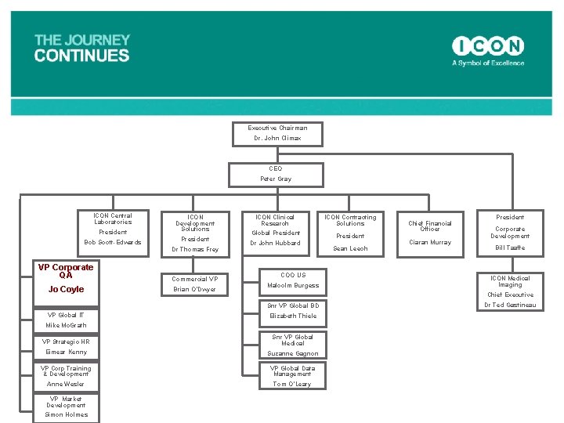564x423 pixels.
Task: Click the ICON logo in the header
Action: click(x=487, y=46)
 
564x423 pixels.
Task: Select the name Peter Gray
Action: click(x=276, y=179)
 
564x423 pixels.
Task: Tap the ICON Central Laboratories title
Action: click(x=113, y=219)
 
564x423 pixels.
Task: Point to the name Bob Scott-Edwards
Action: click(x=113, y=242)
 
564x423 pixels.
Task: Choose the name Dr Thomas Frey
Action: click(x=195, y=249)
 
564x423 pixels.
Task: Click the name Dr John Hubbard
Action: click(x=275, y=243)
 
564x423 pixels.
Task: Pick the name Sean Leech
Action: click(x=350, y=248)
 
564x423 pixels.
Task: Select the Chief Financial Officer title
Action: click(x=430, y=226)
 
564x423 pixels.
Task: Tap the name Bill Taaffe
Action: click(x=510, y=248)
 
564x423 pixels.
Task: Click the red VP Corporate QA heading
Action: click(x=66, y=271)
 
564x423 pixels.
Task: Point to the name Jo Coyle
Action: click(x=66, y=290)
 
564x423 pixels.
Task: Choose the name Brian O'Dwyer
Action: click(x=195, y=290)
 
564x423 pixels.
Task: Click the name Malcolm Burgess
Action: click(x=293, y=285)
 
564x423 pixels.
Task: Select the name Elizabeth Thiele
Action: click(x=293, y=316)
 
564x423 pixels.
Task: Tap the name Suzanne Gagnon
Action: click(x=293, y=353)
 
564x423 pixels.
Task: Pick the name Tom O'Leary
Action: click(x=292, y=384)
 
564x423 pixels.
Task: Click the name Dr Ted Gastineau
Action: click(x=510, y=305)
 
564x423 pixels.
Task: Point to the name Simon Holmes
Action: click(x=66, y=414)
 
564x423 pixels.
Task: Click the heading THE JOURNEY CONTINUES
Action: click(x=82, y=48)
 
